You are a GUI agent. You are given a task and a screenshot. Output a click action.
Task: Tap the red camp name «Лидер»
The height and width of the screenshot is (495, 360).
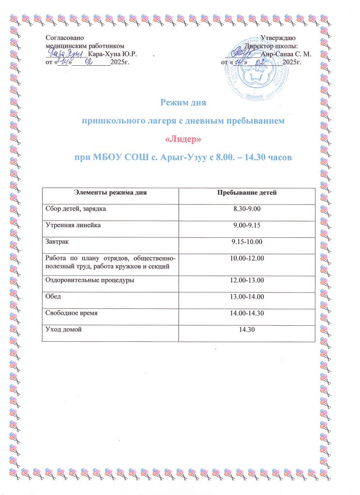(183, 140)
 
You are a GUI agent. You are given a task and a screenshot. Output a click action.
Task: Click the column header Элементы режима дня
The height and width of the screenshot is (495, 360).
(110, 193)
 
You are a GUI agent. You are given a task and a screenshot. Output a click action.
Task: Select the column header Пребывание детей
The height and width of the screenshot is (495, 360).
(247, 193)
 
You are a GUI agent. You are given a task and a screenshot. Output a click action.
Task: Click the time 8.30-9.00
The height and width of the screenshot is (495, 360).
(247, 209)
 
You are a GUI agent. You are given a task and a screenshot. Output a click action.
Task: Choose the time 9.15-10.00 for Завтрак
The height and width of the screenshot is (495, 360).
(247, 242)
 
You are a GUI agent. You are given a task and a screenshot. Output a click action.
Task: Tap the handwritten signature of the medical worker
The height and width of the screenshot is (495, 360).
(68, 52)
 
